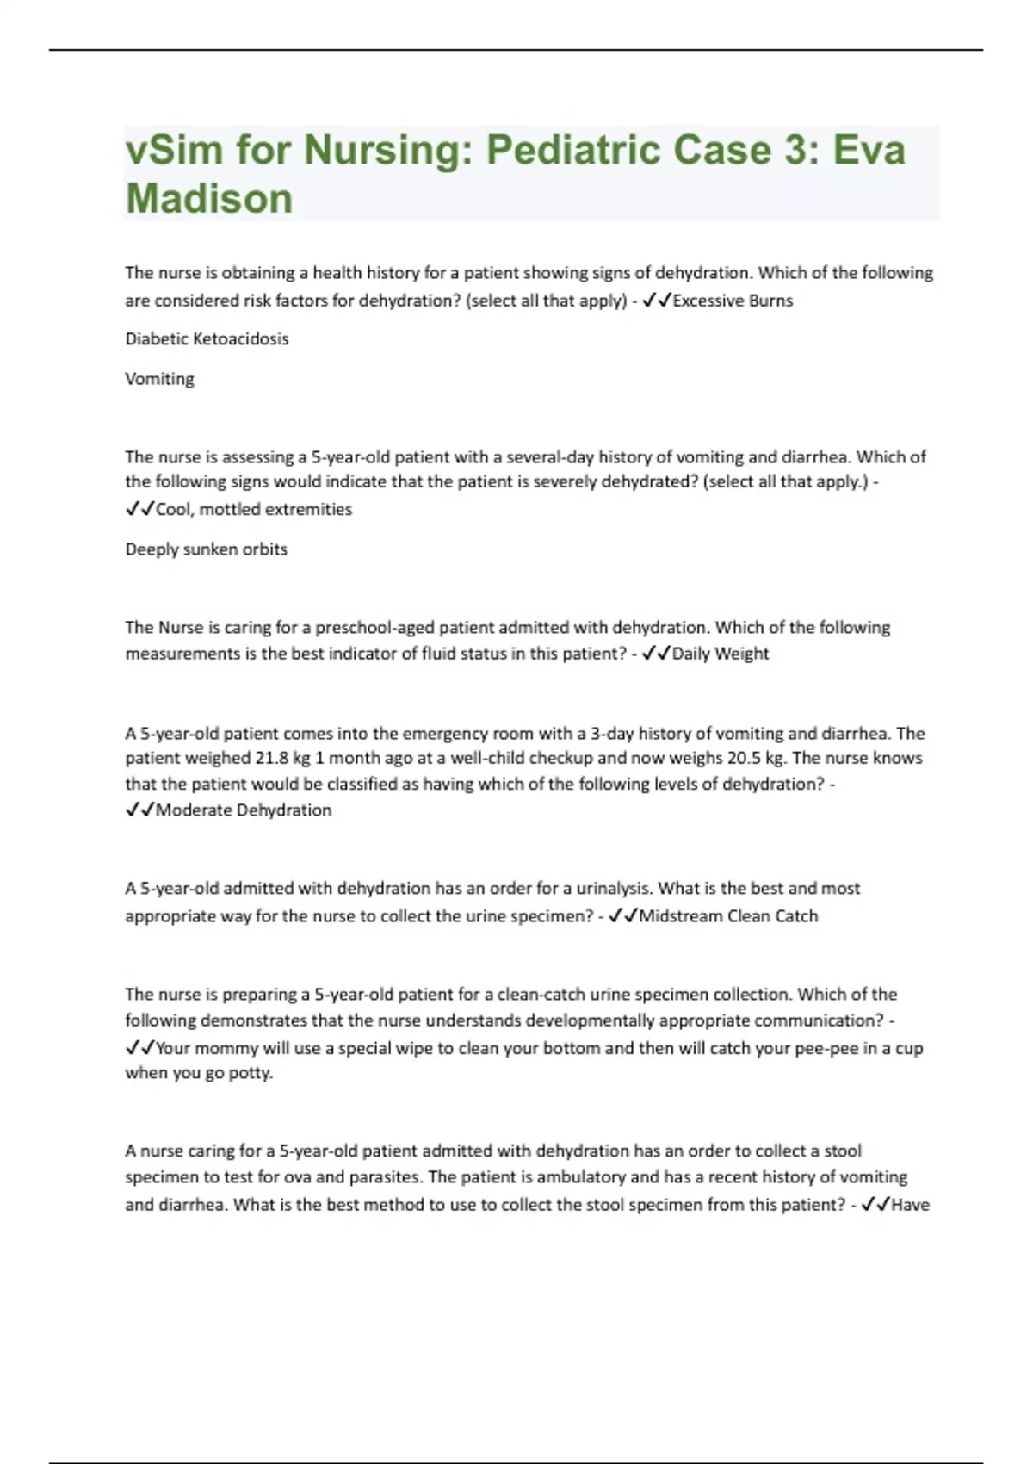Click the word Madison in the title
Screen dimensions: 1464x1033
pyautogui.click(x=209, y=198)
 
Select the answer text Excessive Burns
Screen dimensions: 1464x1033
pyautogui.click(x=733, y=301)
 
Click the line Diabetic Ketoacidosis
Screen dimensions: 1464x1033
pyautogui.click(x=207, y=338)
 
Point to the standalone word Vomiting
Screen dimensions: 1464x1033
pyautogui.click(x=159, y=379)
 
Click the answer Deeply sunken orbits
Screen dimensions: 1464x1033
pyautogui.click(x=206, y=549)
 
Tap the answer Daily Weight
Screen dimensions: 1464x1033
pyautogui.click(x=721, y=654)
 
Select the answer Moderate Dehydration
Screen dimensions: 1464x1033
pyautogui.click(x=244, y=810)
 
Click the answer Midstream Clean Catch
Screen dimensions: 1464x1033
pyautogui.click(x=728, y=916)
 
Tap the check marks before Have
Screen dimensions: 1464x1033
pyautogui.click(x=875, y=1205)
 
